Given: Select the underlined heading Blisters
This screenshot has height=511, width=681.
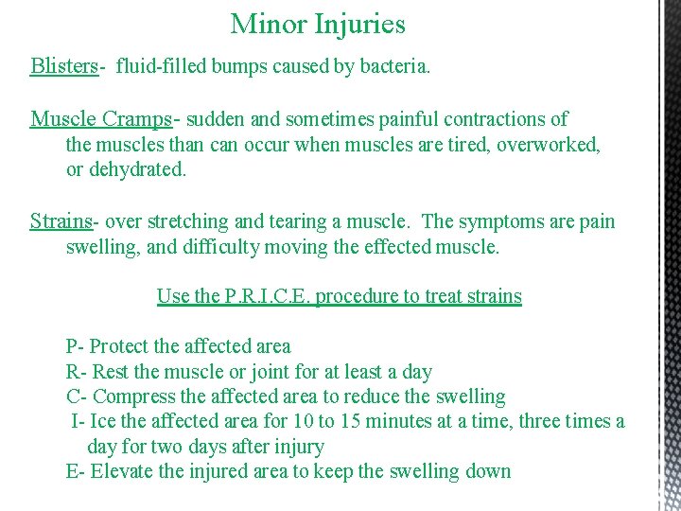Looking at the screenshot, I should tap(64, 66).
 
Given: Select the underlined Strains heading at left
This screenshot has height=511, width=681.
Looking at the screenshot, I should tap(61, 221).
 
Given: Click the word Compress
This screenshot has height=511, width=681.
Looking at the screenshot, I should tap(135, 396).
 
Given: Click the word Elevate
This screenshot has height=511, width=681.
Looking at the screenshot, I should tap(126, 471).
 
